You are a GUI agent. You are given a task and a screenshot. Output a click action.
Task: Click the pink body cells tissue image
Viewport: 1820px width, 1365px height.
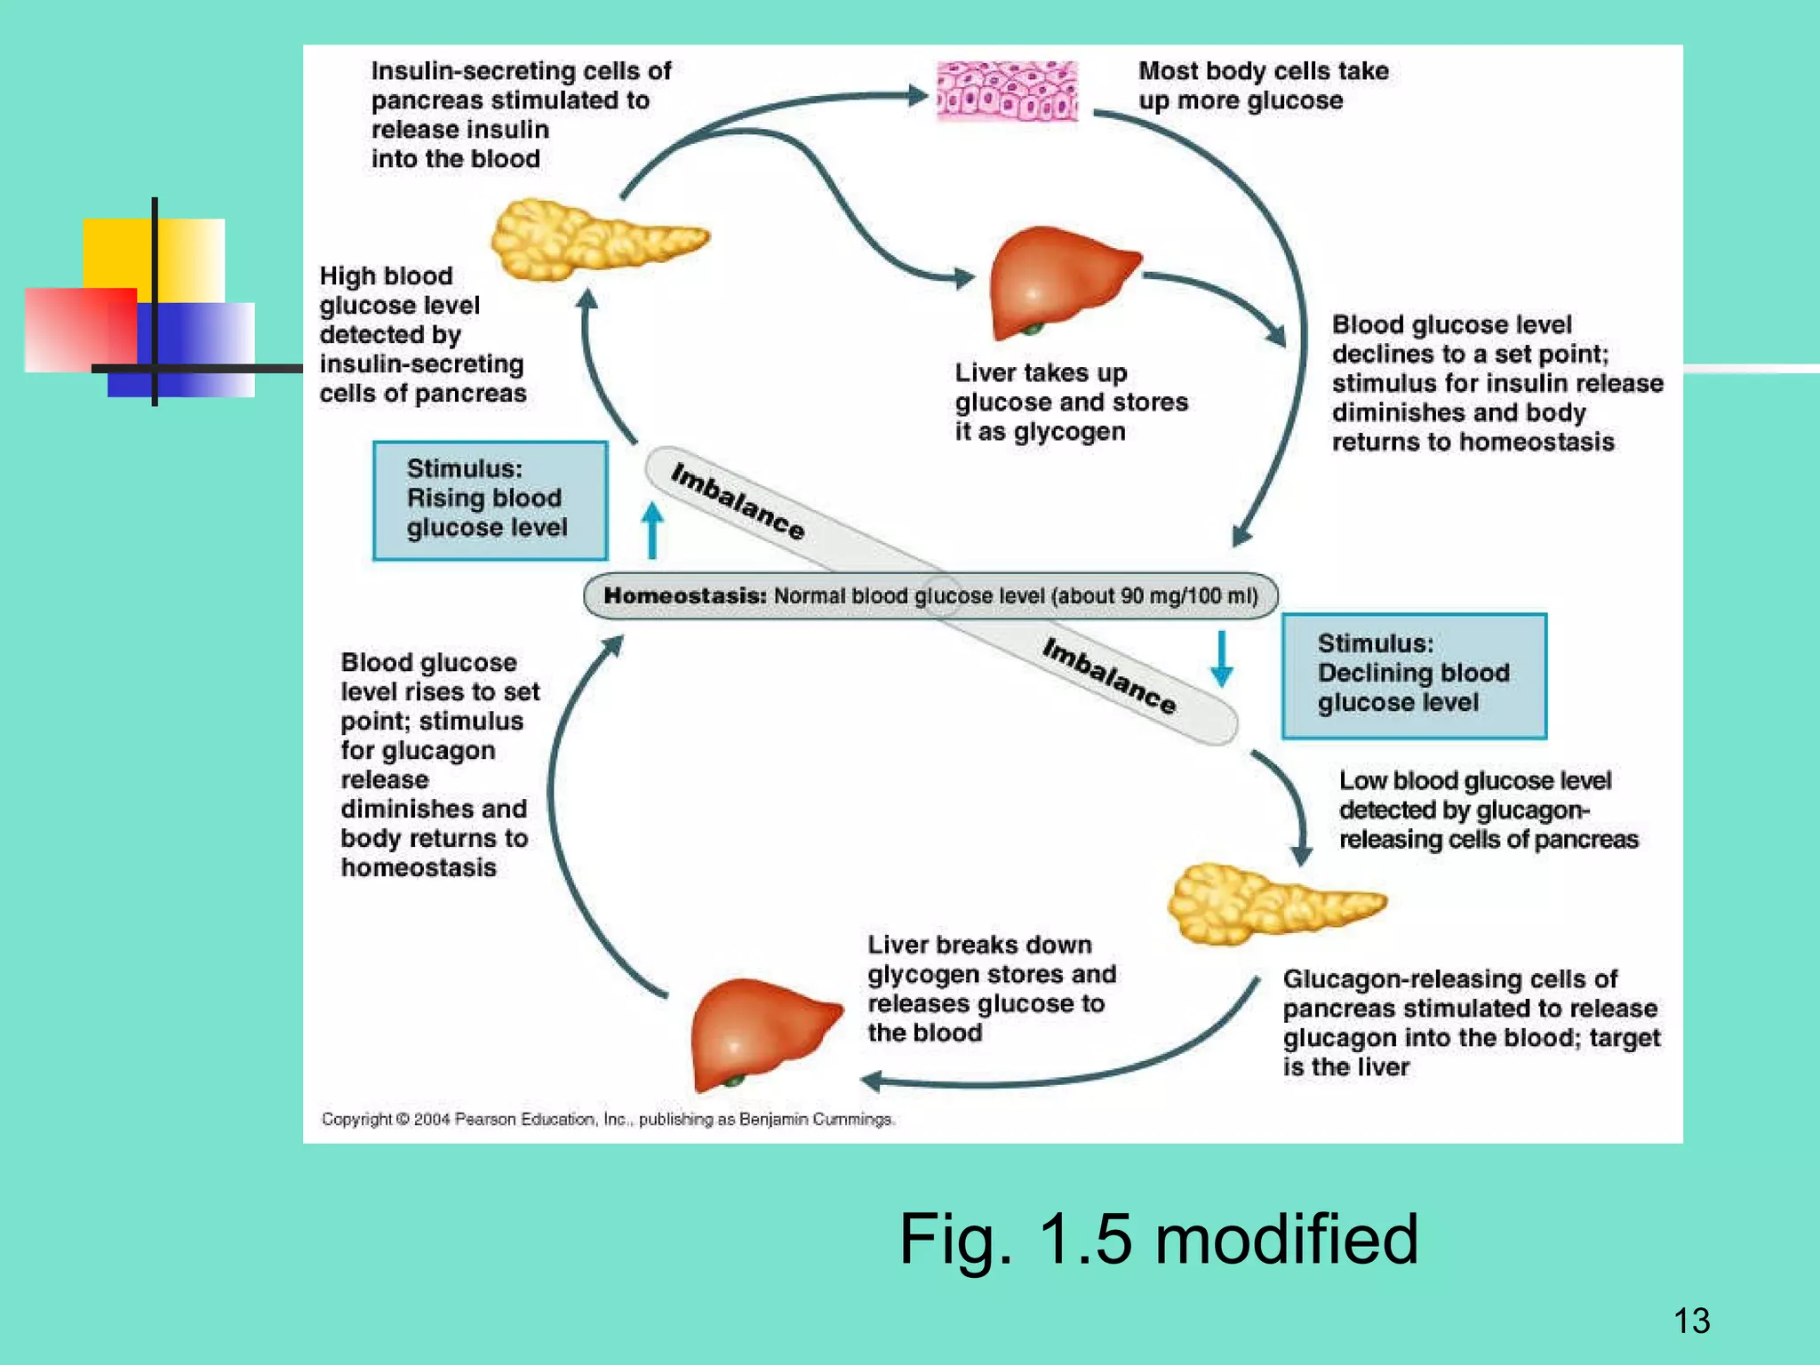[x=1008, y=91]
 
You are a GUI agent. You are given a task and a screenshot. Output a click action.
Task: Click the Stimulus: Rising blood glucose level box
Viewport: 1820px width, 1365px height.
[x=490, y=500]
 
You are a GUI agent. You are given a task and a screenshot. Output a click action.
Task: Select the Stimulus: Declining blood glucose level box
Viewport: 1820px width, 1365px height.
[x=1413, y=675]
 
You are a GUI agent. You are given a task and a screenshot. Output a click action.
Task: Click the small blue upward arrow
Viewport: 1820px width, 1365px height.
[x=652, y=530]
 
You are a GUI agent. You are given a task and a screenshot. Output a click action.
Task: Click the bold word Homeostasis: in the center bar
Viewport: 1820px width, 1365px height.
[x=684, y=595]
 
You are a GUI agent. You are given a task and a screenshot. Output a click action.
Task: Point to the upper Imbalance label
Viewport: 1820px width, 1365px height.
[x=738, y=501]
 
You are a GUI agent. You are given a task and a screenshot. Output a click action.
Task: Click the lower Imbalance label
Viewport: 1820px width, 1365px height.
[x=1109, y=676]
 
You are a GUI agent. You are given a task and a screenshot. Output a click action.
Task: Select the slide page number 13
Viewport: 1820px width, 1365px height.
[x=1691, y=1321]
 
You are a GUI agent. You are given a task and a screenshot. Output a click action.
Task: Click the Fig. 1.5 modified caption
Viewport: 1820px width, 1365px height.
[x=1158, y=1239]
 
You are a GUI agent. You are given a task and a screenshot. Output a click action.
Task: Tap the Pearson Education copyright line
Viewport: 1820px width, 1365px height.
[x=607, y=1120]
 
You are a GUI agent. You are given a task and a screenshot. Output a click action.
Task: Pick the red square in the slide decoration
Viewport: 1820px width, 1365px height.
[x=80, y=329]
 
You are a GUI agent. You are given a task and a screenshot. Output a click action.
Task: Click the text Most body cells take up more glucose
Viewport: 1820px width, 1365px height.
[x=1262, y=85]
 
